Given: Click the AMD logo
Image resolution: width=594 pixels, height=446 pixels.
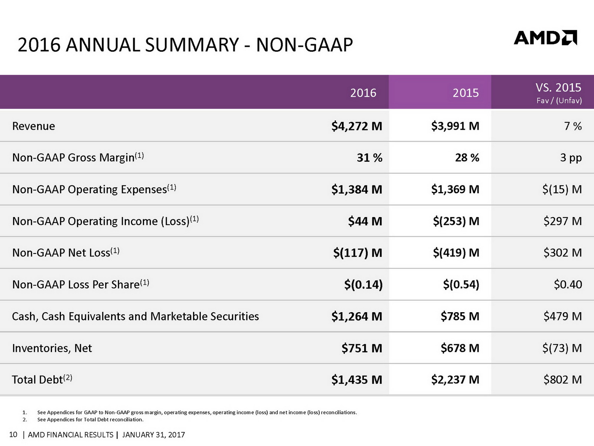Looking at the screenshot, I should click(x=545, y=38).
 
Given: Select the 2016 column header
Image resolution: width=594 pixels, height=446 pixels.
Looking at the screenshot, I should click(x=363, y=93).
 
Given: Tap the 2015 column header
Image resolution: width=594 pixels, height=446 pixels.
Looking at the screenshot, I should click(x=466, y=93).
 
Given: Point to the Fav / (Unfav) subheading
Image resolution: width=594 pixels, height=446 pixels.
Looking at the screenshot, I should click(x=559, y=101).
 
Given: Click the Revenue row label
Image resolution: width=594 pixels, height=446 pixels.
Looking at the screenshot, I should click(x=33, y=126).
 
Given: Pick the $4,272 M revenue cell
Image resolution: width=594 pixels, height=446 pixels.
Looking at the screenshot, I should click(x=357, y=126).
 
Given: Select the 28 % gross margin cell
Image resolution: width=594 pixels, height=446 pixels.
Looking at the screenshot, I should click(x=467, y=158).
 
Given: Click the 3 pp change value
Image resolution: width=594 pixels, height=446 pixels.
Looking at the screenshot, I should click(x=571, y=158).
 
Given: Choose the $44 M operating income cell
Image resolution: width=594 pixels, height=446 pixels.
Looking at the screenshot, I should click(x=365, y=221).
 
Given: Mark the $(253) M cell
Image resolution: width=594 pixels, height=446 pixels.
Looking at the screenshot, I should click(x=456, y=221).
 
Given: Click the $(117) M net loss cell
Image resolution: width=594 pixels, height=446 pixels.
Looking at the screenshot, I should click(x=358, y=253).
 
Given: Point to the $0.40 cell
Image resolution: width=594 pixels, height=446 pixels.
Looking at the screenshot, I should click(x=568, y=284).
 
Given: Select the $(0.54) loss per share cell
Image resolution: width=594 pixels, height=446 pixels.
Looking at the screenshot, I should click(x=461, y=284).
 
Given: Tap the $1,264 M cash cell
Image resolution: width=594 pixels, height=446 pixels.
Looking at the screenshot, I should click(x=357, y=316).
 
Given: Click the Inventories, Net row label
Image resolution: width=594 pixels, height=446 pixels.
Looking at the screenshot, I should click(x=52, y=348).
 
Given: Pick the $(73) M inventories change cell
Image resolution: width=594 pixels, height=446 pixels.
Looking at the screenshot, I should click(x=562, y=348).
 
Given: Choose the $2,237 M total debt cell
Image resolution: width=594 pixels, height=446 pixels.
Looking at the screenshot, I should click(x=455, y=379).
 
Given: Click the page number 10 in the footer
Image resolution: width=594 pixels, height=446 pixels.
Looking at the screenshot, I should click(x=13, y=434).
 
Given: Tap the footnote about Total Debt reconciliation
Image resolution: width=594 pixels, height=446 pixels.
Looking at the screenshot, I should click(x=90, y=420).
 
